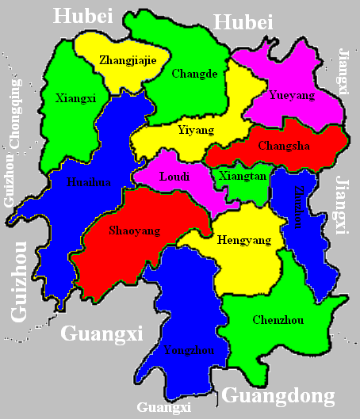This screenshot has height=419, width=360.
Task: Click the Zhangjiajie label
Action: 127,59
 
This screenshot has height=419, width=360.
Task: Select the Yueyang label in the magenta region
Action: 292,95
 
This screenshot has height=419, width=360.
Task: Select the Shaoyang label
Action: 133,230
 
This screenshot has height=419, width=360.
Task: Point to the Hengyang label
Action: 243,240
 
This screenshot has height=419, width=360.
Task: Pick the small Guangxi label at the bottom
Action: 164,408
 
